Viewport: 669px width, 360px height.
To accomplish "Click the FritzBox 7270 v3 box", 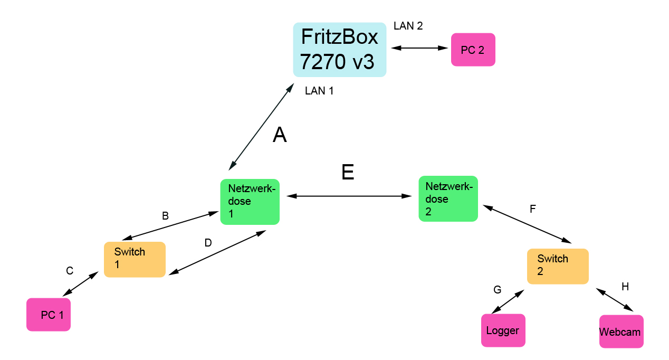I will (x=339, y=50).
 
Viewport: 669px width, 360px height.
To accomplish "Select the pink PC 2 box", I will (x=473, y=50).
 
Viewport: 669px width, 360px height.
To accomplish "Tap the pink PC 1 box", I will (x=49, y=315).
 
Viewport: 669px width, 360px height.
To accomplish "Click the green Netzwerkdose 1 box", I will (x=250, y=202).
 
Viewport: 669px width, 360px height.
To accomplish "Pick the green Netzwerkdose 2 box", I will (x=448, y=198).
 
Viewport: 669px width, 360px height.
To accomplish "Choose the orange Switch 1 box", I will (x=135, y=259).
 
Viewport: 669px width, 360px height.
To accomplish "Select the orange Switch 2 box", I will (x=558, y=266).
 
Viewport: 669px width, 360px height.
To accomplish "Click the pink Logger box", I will (x=503, y=330).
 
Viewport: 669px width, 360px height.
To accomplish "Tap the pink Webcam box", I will (x=621, y=331).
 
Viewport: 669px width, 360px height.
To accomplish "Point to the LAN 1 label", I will (x=319, y=91).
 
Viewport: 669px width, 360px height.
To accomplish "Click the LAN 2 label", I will (x=408, y=26).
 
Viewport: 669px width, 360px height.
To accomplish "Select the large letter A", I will (x=280, y=136).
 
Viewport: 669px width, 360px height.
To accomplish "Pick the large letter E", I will (x=348, y=173).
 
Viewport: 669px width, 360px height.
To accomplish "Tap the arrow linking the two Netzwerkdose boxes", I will (x=349, y=196).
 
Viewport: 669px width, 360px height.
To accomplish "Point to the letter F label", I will (x=532, y=209).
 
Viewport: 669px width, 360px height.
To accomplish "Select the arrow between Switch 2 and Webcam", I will (x=615, y=299).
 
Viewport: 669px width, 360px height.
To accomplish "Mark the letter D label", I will (x=208, y=243).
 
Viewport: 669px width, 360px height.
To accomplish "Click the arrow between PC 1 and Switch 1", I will (x=81, y=284).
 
